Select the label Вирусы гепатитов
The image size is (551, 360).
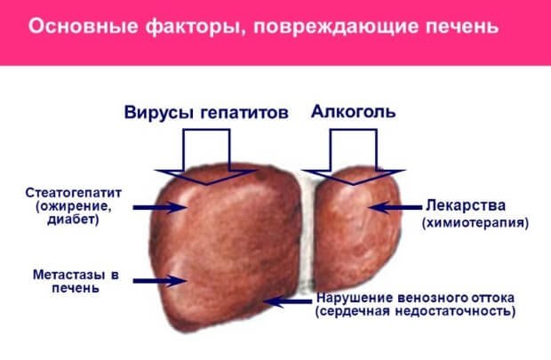click(206, 113)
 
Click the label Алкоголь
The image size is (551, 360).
click(353, 111)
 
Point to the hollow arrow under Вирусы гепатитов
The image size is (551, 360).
click(206, 156)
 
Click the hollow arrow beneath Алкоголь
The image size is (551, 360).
click(353, 156)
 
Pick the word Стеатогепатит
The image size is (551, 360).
click(74, 193)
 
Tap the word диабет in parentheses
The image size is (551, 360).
click(72, 220)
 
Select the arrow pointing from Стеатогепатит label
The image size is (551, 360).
click(160, 207)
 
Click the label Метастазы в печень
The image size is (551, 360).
click(76, 281)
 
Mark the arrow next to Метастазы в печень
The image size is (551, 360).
click(160, 281)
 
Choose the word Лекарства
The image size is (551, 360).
click(466, 205)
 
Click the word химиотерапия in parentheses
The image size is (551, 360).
click(475, 223)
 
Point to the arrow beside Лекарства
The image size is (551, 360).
click(396, 207)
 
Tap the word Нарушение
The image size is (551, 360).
click(355, 298)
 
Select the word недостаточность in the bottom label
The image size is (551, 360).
click(453, 311)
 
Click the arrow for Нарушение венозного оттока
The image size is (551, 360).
click(287, 301)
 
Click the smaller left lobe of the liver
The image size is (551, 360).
click(356, 228)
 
